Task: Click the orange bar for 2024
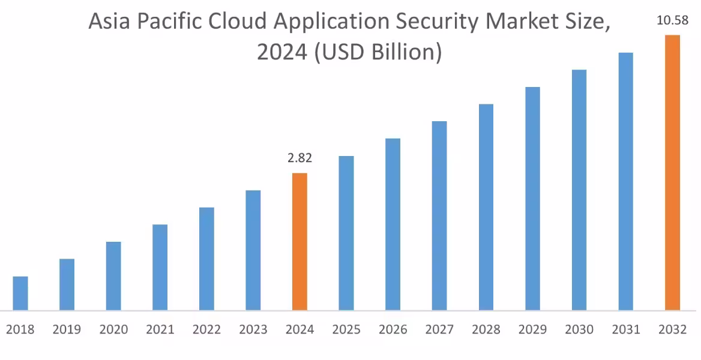pyautogui.click(x=299, y=242)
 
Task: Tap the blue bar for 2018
pyautogui.click(x=20, y=293)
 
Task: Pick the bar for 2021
pyautogui.click(x=160, y=268)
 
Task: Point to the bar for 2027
pyautogui.click(x=439, y=216)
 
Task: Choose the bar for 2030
pyautogui.click(x=579, y=190)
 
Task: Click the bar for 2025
pyautogui.click(x=346, y=233)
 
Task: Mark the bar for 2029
pyautogui.click(x=532, y=199)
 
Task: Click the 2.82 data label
pyautogui.click(x=299, y=158)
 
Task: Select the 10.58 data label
pyautogui.click(x=672, y=21)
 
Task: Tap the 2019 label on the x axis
pyautogui.click(x=67, y=330)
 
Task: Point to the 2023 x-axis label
pyautogui.click(x=253, y=330)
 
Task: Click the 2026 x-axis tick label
pyautogui.click(x=393, y=330)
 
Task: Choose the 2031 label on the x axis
pyautogui.click(x=626, y=330)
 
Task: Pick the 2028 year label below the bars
pyautogui.click(x=486, y=330)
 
